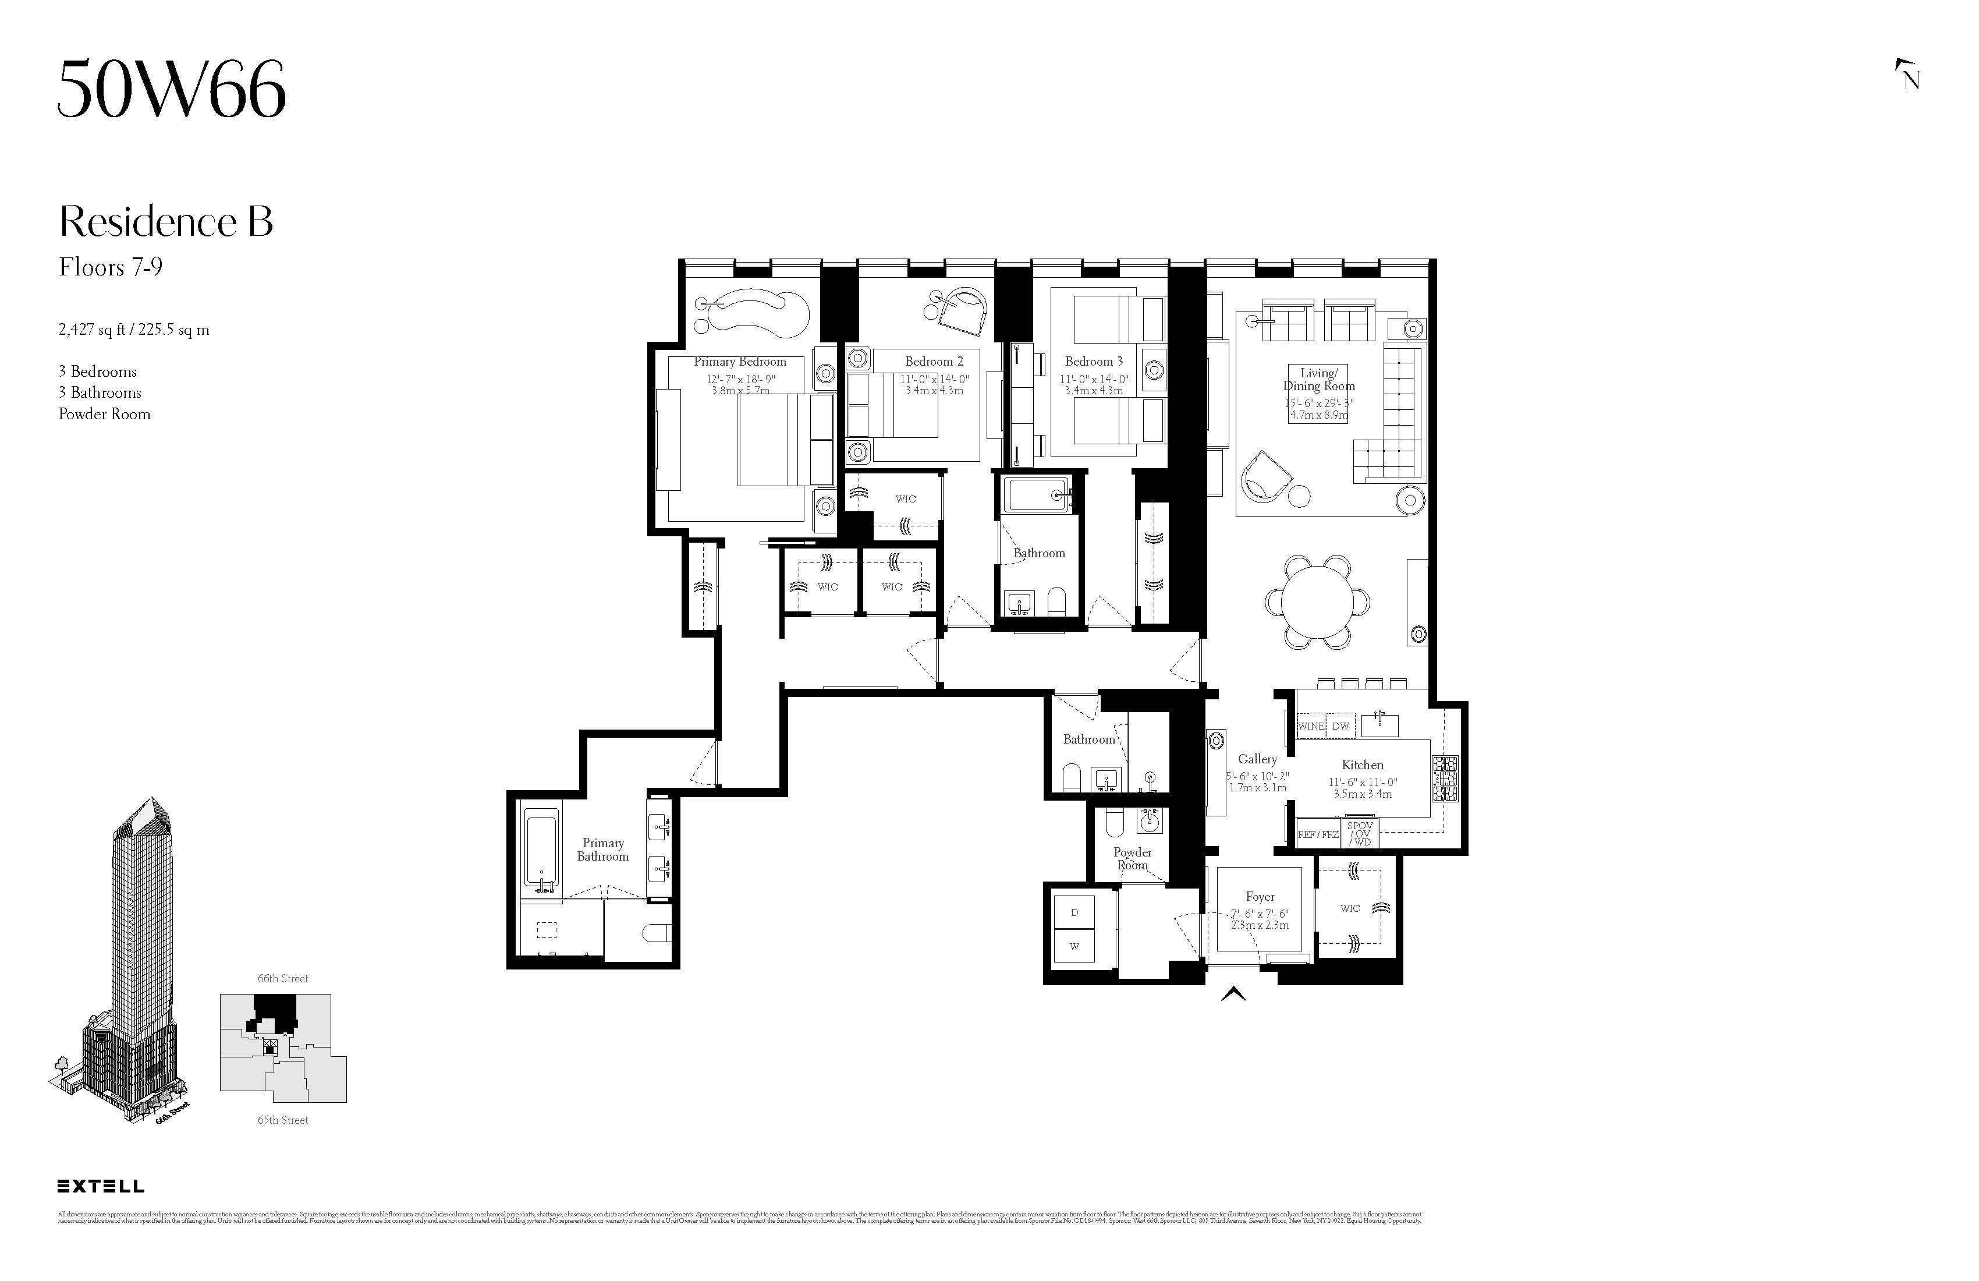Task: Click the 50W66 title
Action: (171, 89)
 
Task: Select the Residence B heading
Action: (165, 222)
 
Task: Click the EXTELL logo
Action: (101, 1186)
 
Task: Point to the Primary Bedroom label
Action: (739, 362)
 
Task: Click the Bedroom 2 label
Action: (934, 362)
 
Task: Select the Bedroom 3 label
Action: (1094, 362)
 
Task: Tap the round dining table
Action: (1317, 600)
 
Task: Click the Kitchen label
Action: (1362, 765)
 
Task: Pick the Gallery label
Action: (1257, 759)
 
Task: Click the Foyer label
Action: (1260, 897)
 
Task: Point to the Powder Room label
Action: (1133, 858)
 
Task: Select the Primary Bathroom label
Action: (603, 850)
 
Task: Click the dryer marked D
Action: (1074, 912)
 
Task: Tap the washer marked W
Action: (1074, 947)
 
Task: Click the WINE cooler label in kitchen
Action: (1310, 726)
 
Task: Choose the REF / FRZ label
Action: (1318, 834)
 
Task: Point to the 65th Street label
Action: (283, 1120)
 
